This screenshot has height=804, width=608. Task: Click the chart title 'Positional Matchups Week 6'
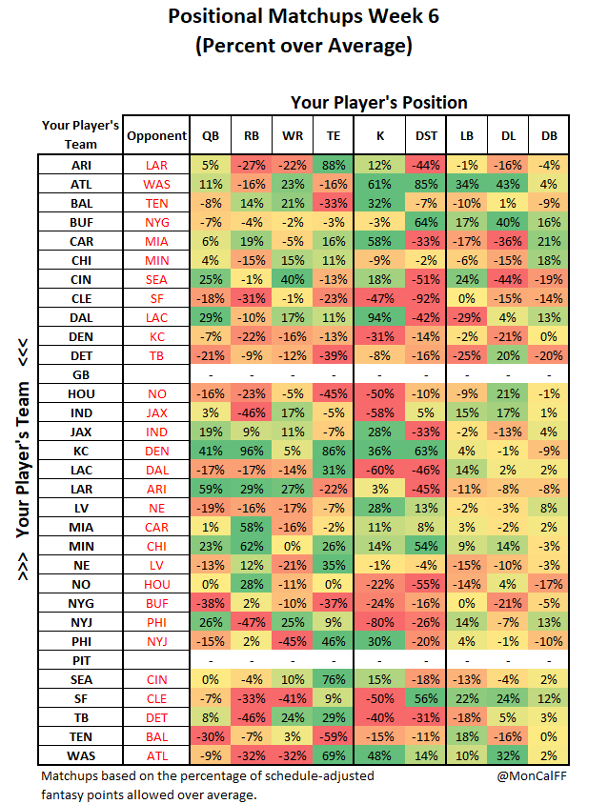[x=303, y=17]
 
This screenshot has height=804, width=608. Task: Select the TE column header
[x=333, y=136]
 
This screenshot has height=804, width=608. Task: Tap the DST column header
[x=426, y=136]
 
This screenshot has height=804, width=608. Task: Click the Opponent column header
[x=156, y=136]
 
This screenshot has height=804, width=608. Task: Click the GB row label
[x=81, y=375]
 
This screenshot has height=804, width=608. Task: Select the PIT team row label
[x=81, y=658]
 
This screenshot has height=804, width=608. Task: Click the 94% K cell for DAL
[x=379, y=317]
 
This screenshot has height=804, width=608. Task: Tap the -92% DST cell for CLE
[x=426, y=297]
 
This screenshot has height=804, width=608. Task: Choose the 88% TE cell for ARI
[x=333, y=165]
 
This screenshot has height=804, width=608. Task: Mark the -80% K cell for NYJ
[x=379, y=620]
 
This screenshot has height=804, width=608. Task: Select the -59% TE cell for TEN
[x=333, y=736]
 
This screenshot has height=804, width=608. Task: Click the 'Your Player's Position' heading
[x=378, y=103]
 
